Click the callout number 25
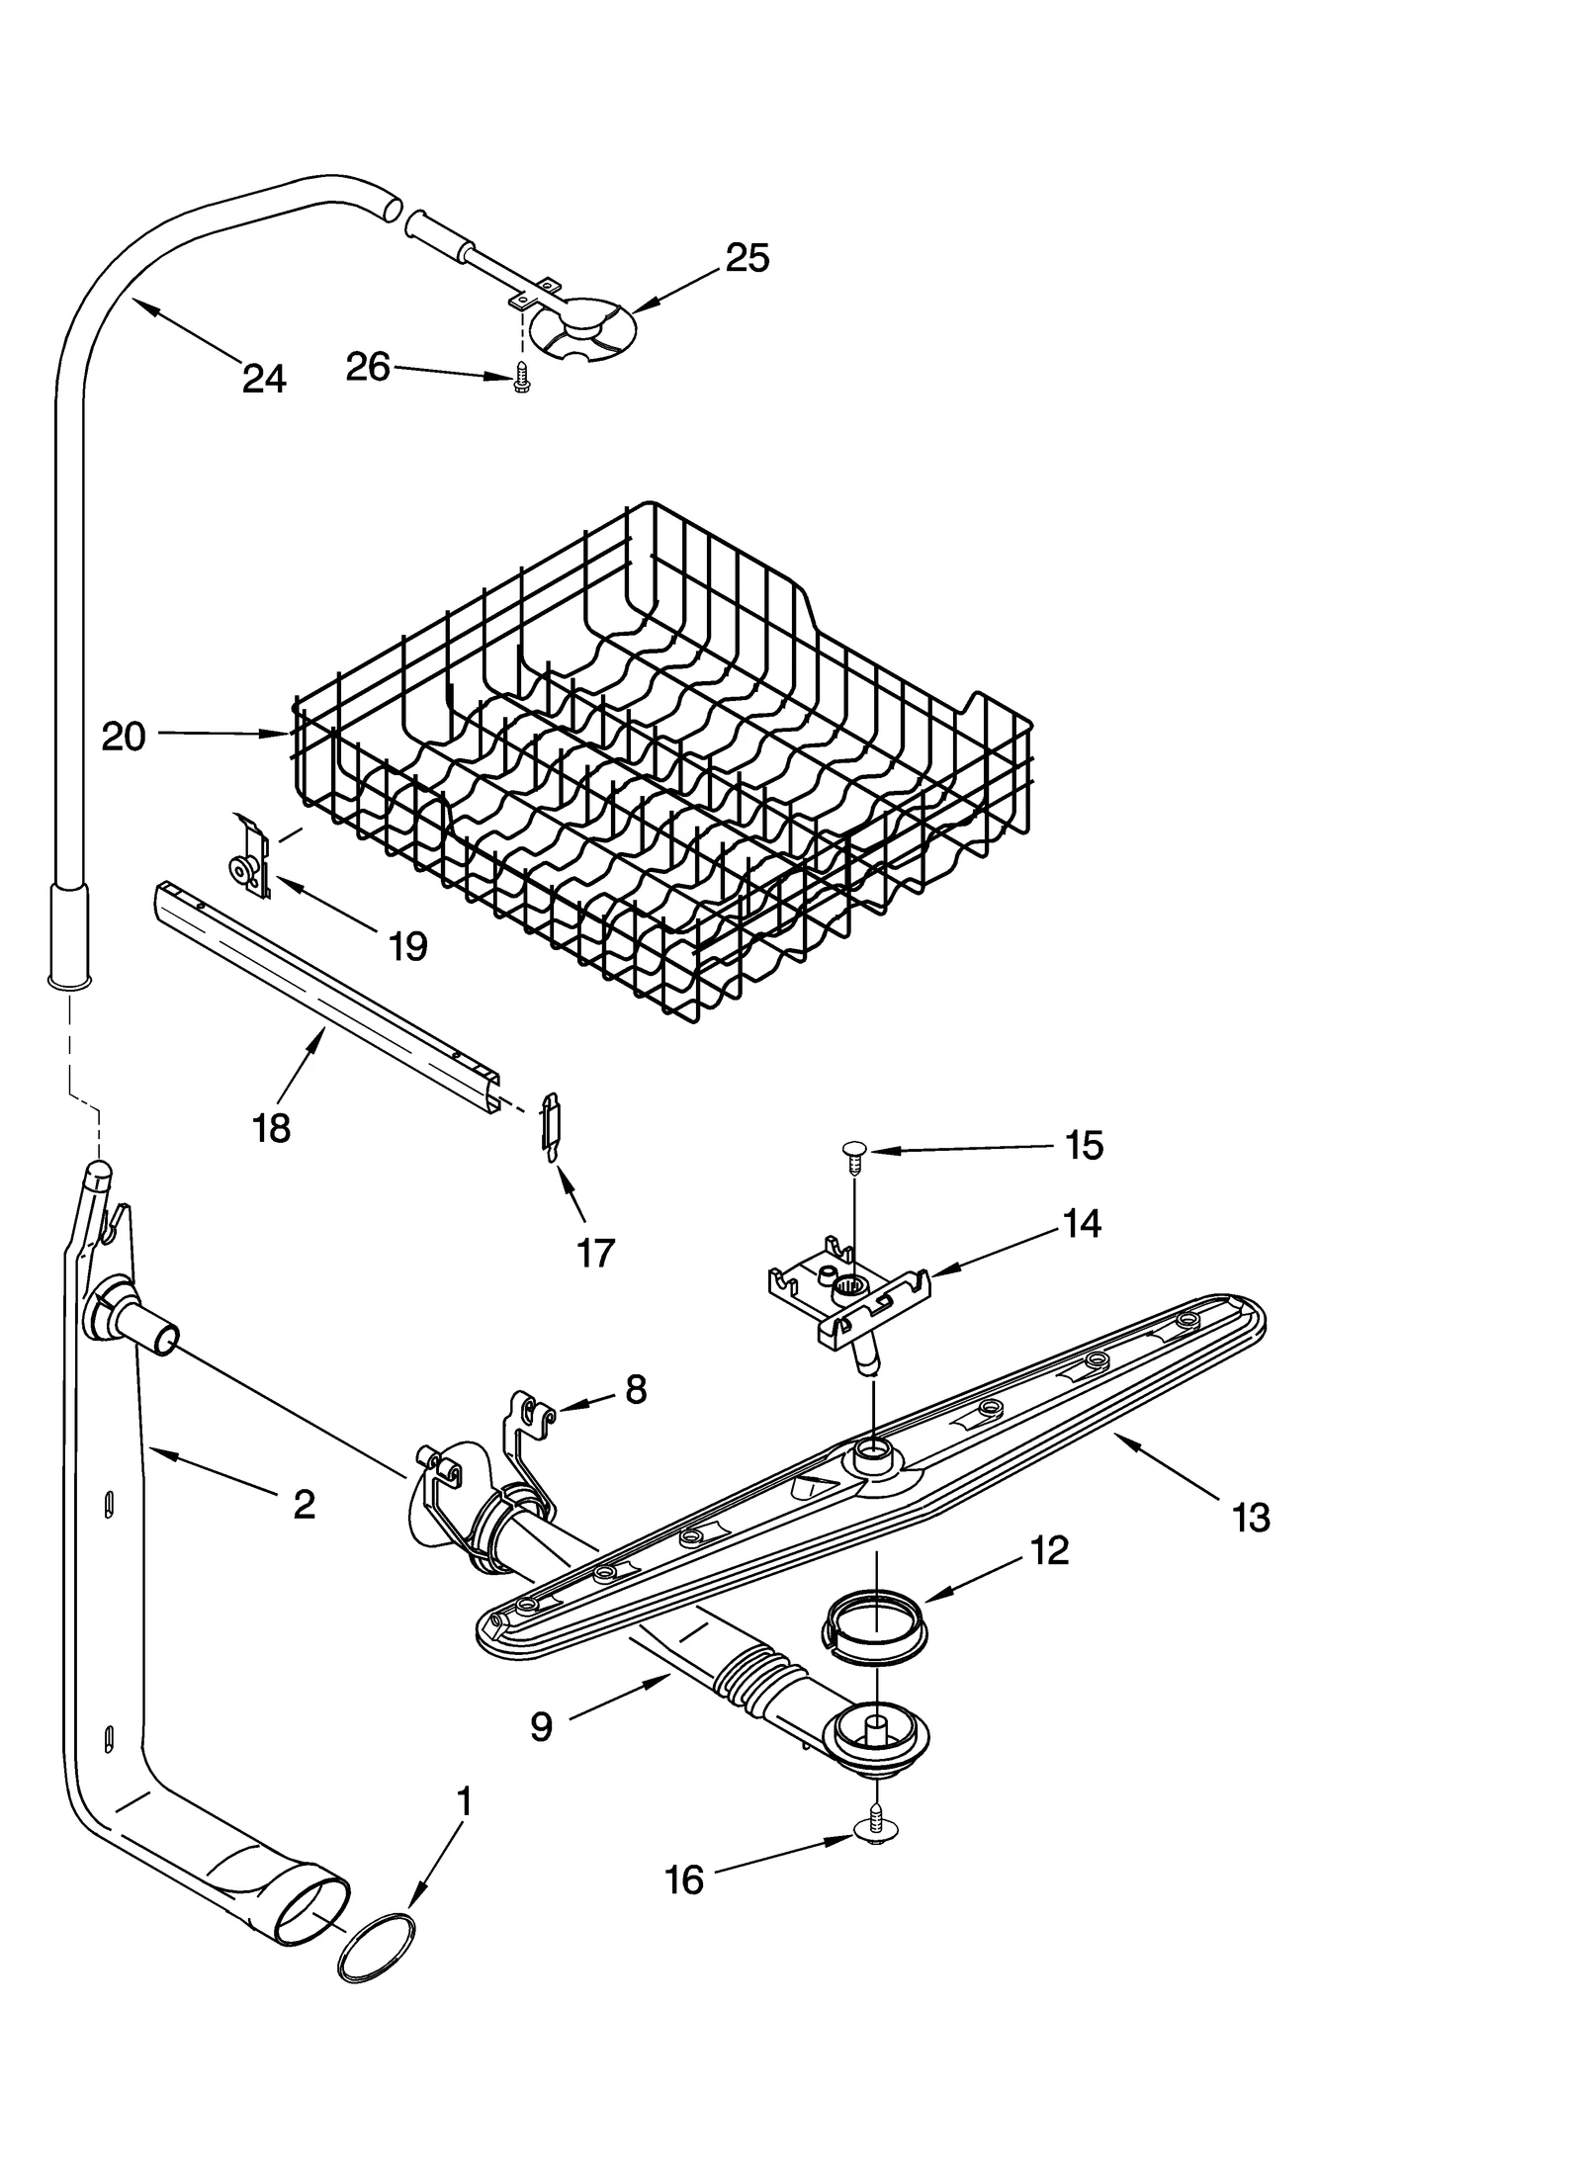pyautogui.click(x=747, y=258)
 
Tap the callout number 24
pyautogui.click(x=264, y=378)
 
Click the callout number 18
pyautogui.click(x=271, y=1127)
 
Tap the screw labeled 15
pyautogui.click(x=853, y=1155)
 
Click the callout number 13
pyautogui.click(x=1251, y=1517)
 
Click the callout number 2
pyautogui.click(x=304, y=1504)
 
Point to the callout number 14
pyautogui.click(x=1083, y=1223)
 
